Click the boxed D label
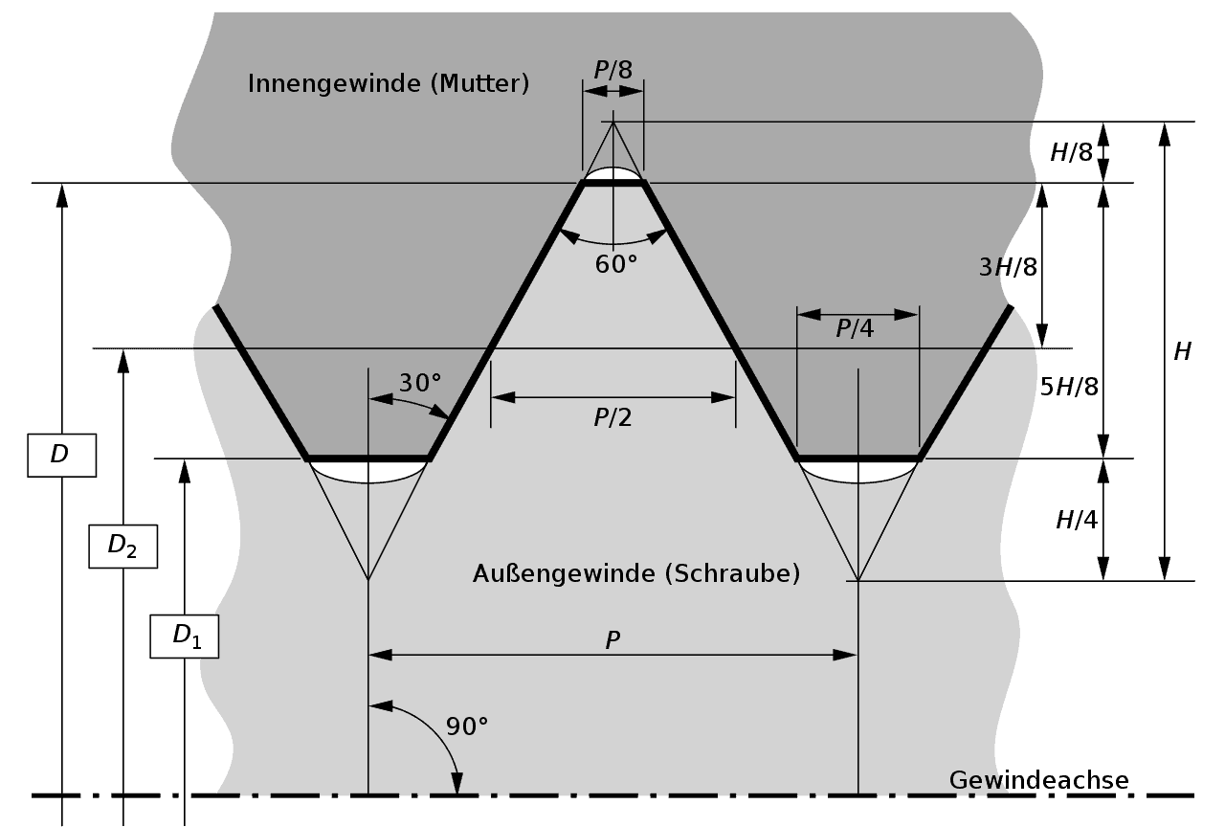tap(62, 455)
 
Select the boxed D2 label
tap(123, 547)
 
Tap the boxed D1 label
tap(185, 637)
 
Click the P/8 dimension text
tap(613, 70)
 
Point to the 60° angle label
tap(616, 265)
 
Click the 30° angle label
tap(420, 383)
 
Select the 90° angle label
tap(467, 726)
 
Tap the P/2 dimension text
tap(612, 418)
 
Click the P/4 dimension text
tap(855, 328)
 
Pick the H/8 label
tap(1071, 152)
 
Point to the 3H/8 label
tap(1008, 267)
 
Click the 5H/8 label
tap(1069, 387)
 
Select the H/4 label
tap(1077, 520)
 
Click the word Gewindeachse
tap(1039, 780)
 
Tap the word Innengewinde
tap(335, 83)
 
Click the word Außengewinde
tap(564, 573)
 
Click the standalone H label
tap(1182, 351)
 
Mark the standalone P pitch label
tap(613, 640)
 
